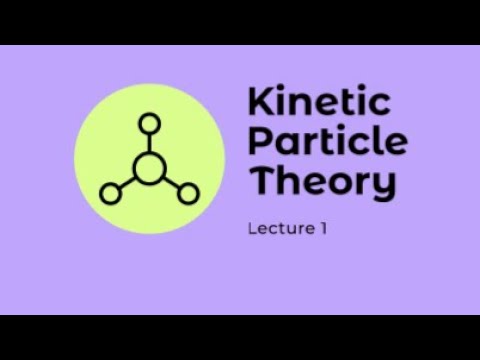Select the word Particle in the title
tap(327, 142)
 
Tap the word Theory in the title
tap(322, 182)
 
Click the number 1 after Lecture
tap(324, 229)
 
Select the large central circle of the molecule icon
tap(149, 167)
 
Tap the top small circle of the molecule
tap(149, 124)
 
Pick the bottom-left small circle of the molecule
tap(110, 191)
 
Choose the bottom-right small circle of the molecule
tap(188, 191)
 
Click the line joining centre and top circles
tap(149, 142)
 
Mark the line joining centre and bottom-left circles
tap(127, 180)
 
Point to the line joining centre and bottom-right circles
tap(171, 180)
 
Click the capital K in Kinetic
tap(258, 103)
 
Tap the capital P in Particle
tap(258, 142)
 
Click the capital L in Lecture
tap(251, 229)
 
